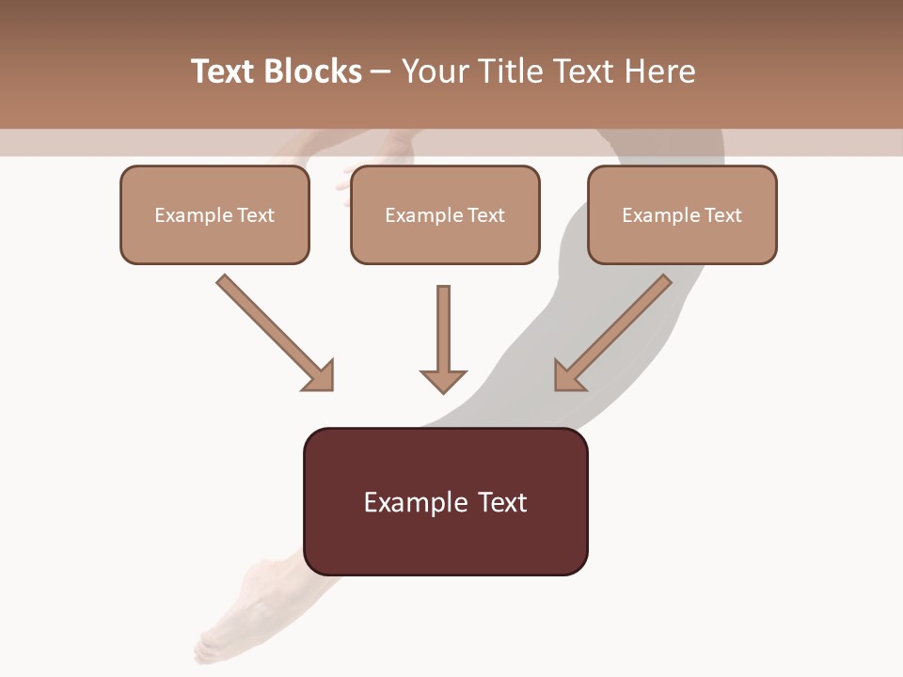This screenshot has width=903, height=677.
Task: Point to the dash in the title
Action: tap(381, 72)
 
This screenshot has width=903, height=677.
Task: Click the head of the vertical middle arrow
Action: tap(443, 380)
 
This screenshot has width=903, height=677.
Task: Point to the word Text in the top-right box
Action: tap(723, 215)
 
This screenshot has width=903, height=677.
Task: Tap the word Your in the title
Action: tap(434, 71)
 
